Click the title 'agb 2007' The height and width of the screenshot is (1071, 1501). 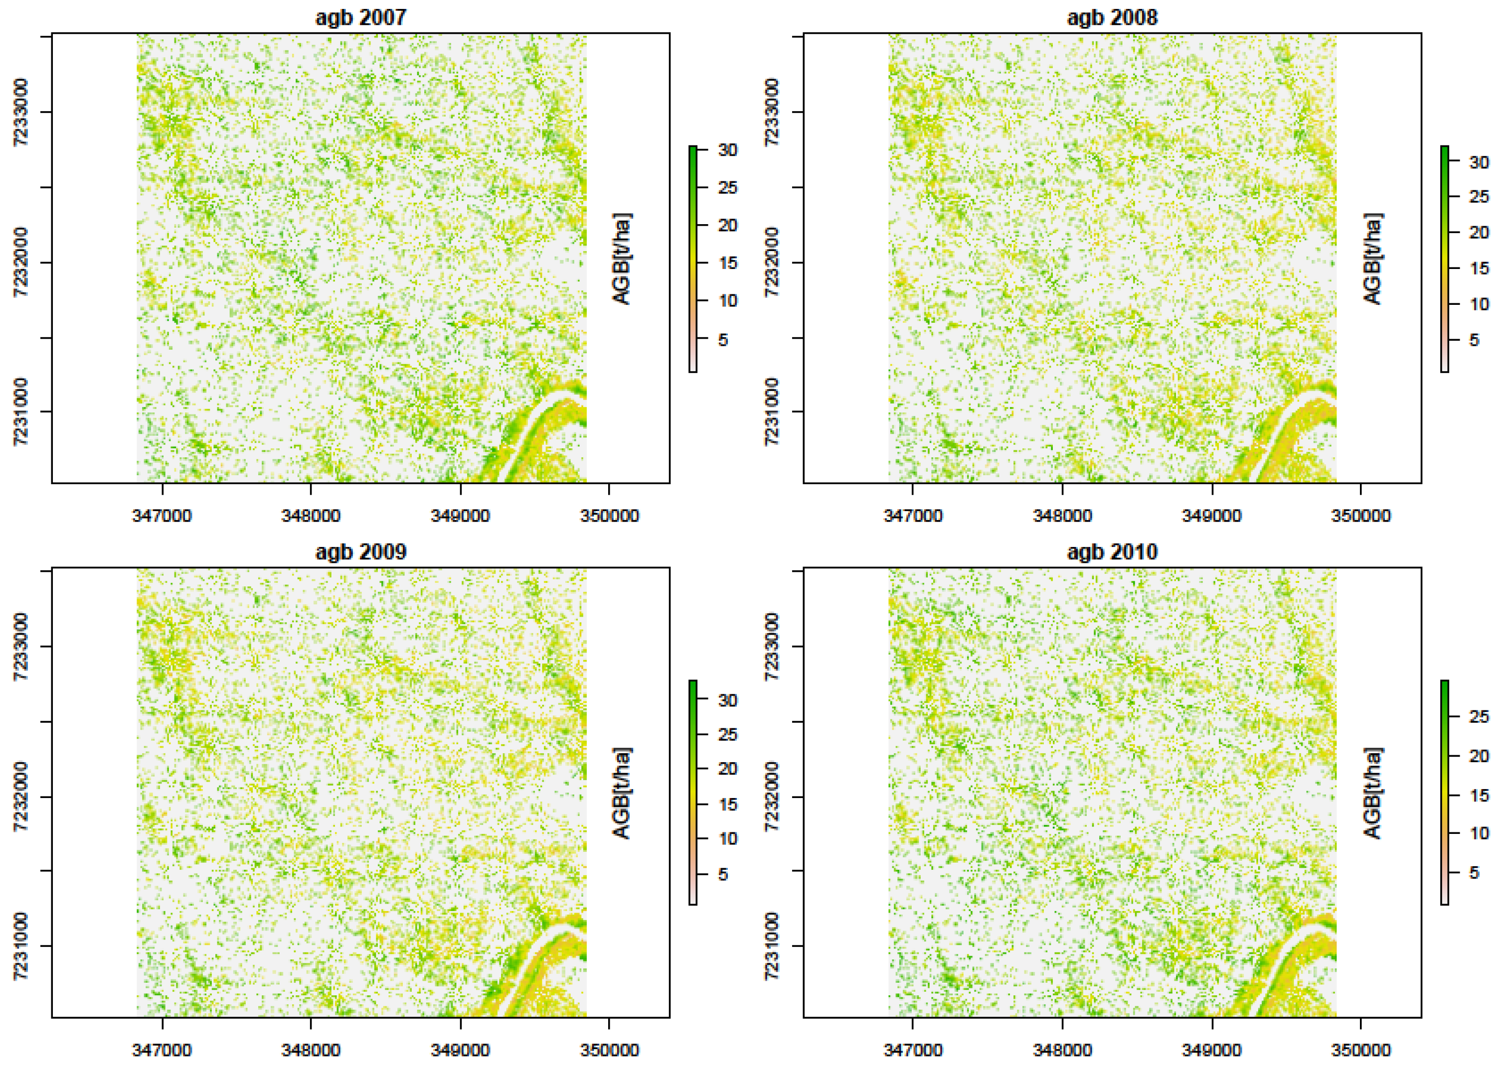[360, 17]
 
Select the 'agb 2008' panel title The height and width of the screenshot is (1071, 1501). [1112, 17]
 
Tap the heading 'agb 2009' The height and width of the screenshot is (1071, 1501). [360, 551]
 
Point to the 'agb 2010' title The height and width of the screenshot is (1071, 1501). [1112, 551]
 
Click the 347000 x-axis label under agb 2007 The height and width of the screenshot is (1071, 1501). [162, 515]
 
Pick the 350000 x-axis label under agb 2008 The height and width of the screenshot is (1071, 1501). [1360, 515]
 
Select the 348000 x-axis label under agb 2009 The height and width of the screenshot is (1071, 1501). [311, 1049]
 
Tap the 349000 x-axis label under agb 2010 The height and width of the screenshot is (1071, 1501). [1211, 1049]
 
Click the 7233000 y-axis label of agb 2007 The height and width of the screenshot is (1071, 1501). [21, 112]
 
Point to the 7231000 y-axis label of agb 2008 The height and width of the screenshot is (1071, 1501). [772, 411]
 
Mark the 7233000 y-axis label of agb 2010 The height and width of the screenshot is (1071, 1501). [772, 646]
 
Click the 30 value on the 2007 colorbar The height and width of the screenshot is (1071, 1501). [727, 150]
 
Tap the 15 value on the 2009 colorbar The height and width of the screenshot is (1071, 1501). [727, 804]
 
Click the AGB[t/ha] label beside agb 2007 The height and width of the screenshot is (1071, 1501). [622, 259]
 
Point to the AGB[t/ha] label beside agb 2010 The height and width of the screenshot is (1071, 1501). [1372, 793]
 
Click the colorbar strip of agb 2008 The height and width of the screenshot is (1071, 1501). [1444, 259]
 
